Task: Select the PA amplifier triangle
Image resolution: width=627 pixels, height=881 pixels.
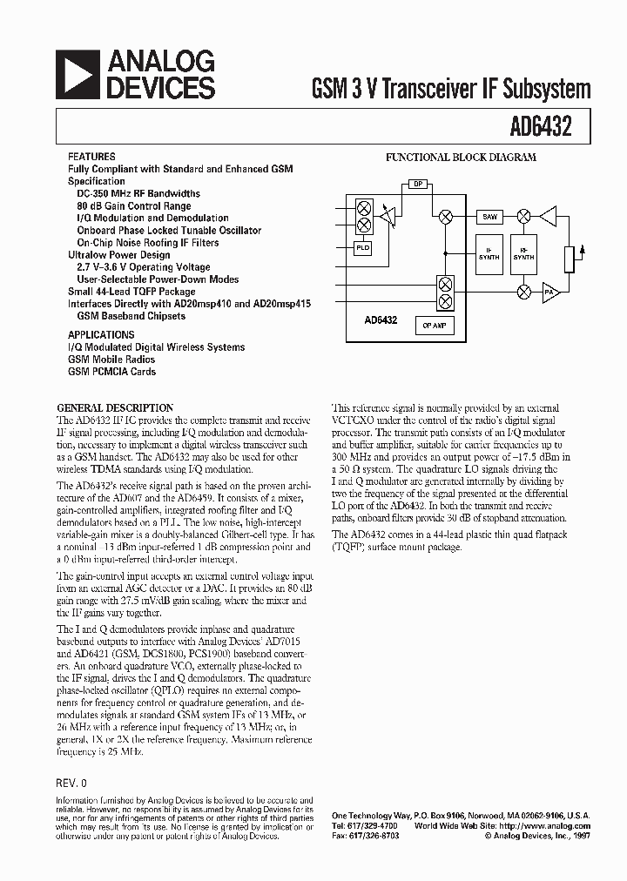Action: pos(549,292)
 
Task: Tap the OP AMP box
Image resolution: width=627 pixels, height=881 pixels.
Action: pos(434,325)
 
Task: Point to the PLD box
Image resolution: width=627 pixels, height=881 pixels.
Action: pos(362,247)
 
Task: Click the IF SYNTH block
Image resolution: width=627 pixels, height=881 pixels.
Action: pos(489,253)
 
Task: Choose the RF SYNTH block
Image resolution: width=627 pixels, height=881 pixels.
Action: pos(523,253)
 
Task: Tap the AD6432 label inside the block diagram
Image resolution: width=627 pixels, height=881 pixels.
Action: pos(381,320)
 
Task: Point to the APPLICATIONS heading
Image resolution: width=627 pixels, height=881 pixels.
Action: pos(101,334)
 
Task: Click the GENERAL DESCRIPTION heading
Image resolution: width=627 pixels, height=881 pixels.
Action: pos(115,407)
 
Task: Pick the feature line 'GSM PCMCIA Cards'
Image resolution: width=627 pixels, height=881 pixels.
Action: pos(111,372)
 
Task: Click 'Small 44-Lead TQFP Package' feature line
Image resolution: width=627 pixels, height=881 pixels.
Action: pos(131,292)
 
